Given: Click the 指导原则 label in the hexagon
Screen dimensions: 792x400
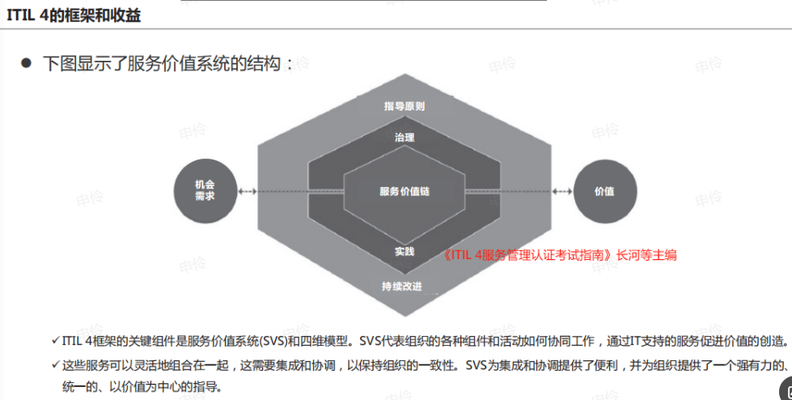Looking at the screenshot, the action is click(x=404, y=106).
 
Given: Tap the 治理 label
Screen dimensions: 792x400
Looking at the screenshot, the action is click(x=404, y=138).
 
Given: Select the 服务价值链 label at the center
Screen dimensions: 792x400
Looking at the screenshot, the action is click(x=404, y=191).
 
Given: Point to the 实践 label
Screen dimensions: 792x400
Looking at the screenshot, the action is click(x=404, y=251).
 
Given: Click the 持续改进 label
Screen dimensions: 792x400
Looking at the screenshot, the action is click(x=402, y=286).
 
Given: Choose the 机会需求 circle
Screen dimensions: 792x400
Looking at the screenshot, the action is click(x=205, y=190).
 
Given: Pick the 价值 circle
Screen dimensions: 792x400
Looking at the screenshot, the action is click(x=605, y=191).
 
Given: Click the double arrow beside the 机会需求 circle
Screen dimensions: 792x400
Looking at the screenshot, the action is click(x=248, y=191).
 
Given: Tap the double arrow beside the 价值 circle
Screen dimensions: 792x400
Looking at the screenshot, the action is click(x=562, y=191).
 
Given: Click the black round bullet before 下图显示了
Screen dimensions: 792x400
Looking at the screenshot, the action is click(x=26, y=62).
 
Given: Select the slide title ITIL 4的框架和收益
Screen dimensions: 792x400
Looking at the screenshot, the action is click(x=74, y=15).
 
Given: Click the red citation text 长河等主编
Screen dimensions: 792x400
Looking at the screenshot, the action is click(x=646, y=255).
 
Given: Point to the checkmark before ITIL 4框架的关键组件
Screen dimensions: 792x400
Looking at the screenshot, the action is click(x=56, y=340).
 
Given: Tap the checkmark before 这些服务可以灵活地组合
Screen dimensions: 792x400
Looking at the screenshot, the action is click(x=56, y=364).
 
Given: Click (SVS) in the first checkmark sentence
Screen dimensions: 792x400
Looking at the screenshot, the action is click(x=273, y=342).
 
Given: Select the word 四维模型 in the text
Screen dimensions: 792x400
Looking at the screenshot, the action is click(x=324, y=342).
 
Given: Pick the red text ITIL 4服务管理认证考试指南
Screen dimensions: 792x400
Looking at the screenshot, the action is click(x=527, y=255).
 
